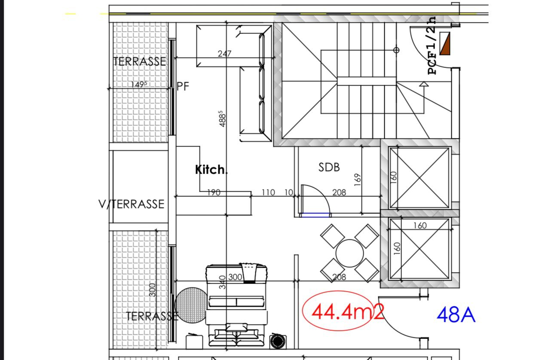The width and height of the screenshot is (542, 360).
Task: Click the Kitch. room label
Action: coord(211,170)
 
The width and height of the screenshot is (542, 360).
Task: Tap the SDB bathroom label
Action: coord(329,167)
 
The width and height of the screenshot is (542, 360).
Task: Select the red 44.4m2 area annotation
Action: coord(348,311)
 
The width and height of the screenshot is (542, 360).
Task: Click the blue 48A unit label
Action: coord(456,314)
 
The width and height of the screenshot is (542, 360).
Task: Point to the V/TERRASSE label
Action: coord(132,204)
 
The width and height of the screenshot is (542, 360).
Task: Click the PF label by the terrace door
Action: coord(183,86)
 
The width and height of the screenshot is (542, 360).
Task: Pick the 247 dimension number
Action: coord(224,53)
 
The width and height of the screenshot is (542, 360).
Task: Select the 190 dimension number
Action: coord(214,192)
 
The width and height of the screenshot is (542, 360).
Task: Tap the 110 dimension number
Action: coord(268,192)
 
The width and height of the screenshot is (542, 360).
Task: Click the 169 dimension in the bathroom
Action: coord(358,180)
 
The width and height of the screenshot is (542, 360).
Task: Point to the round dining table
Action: coord(349,253)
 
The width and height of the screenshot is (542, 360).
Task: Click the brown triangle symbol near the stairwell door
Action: coord(445,43)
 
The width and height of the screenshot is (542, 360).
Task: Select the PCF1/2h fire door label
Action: coord(432,46)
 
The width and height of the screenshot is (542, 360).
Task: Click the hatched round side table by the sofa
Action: coord(191,305)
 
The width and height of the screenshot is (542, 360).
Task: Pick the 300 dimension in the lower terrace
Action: coord(152,290)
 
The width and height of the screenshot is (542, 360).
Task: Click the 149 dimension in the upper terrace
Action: coord(139,84)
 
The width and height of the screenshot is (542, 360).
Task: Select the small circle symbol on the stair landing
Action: coord(396,50)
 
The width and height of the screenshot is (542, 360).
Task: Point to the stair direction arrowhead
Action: coord(424,84)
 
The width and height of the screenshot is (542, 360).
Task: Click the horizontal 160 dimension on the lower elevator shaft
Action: coord(420,226)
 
